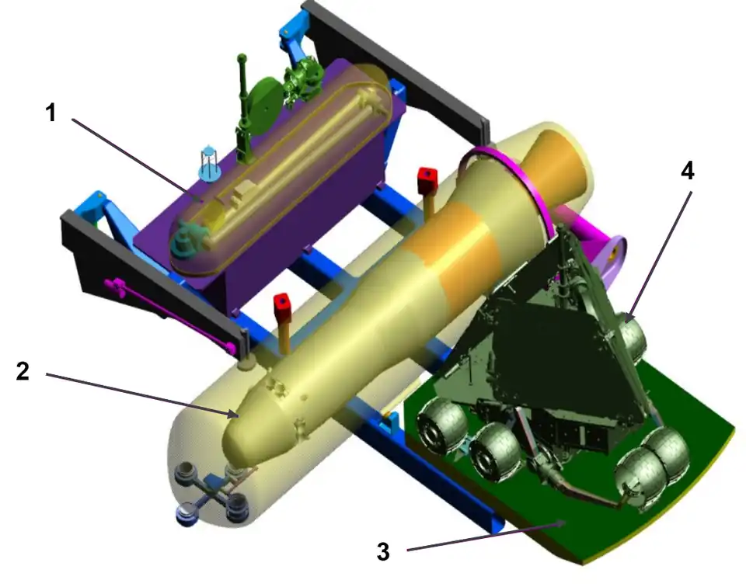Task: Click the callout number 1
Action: (51, 113)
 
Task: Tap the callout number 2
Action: (23, 370)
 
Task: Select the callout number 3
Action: (383, 552)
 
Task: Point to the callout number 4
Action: (688, 170)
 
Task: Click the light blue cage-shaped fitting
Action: (209, 163)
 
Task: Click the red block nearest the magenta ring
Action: (427, 180)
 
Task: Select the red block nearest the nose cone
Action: (281, 307)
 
